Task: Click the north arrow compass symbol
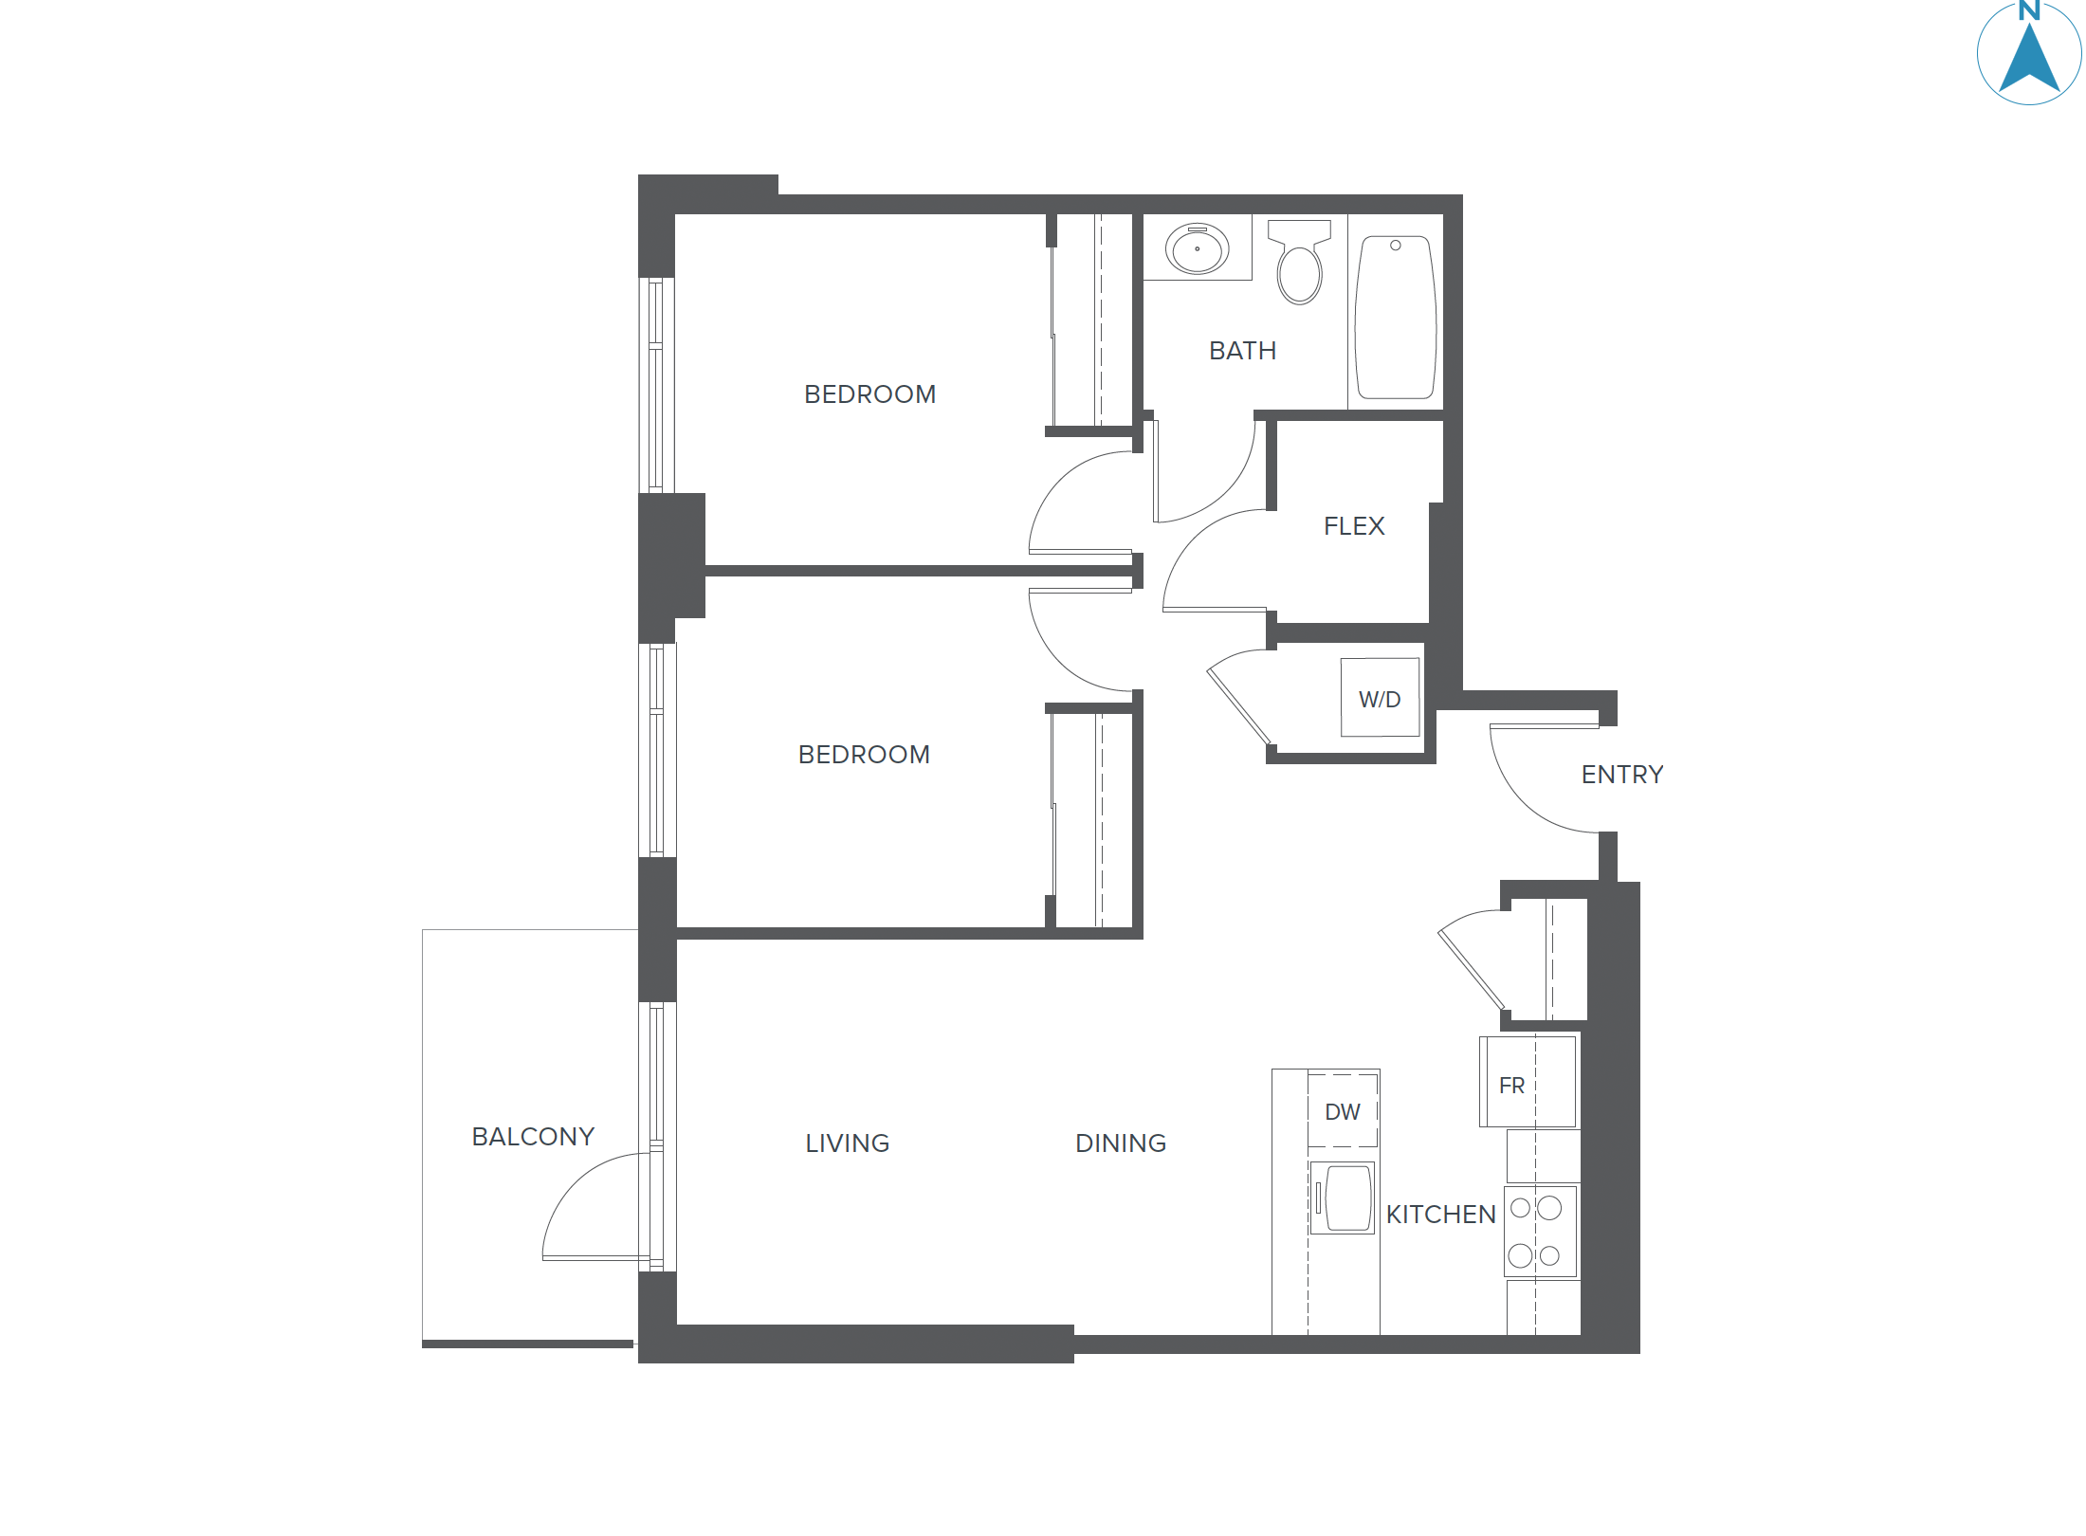coord(2028,54)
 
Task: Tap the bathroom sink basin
coord(1197,248)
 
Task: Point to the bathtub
coord(1395,318)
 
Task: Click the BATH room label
coord(1242,351)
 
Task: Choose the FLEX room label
coord(1354,526)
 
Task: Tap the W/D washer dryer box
coord(1380,698)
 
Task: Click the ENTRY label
coord(1621,775)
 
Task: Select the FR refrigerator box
coord(1528,1082)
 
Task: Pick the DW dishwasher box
coord(1343,1111)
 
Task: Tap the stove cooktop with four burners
coord(1540,1232)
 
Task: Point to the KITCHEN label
coord(1440,1215)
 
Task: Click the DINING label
coord(1120,1143)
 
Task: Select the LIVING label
coord(847,1143)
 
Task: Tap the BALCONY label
coord(533,1137)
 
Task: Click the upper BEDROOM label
coord(869,394)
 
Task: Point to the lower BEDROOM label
coord(864,755)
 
